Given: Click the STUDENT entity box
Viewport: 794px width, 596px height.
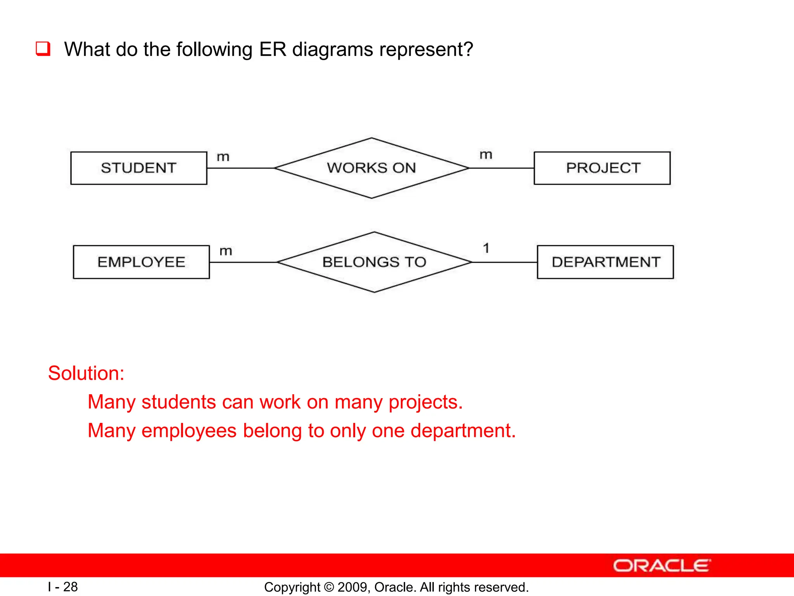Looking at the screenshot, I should coord(138,168).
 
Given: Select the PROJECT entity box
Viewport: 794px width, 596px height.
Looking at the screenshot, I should coord(602,168).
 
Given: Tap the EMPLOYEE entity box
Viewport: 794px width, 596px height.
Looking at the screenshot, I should coord(141,262).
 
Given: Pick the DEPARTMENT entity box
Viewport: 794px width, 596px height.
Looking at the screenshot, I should coord(605,262).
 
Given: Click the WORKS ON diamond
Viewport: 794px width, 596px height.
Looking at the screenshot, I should coord(371,168).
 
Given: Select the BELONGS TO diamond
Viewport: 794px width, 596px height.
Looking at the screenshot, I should coord(374,262).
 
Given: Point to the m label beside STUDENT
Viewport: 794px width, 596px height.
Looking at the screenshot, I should coord(223,157).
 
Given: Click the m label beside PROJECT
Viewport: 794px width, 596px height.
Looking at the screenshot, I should coord(486,155).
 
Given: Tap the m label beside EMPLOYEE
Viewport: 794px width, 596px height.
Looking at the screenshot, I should coord(226,251).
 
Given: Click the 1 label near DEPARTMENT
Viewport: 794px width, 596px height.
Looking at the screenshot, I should coord(486,248).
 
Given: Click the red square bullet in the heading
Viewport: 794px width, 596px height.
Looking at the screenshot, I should coord(43,49).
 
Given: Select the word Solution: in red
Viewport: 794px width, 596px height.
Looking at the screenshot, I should coord(86,373).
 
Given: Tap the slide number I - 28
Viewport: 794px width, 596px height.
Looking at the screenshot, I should coord(63,587).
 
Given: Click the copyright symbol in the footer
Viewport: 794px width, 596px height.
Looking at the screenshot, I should coord(329,587).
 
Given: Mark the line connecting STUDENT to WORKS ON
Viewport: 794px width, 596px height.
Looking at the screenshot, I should coord(240,168).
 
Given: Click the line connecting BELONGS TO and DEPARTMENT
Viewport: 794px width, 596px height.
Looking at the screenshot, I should coord(504,262).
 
